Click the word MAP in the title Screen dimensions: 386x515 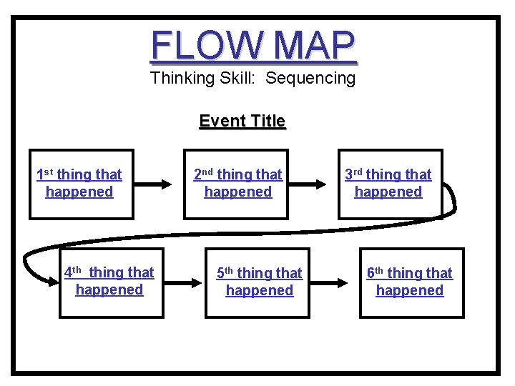click(314, 46)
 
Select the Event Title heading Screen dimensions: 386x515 click(242, 122)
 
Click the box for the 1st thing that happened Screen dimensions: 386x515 click(81, 184)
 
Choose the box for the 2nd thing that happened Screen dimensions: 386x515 click(236, 184)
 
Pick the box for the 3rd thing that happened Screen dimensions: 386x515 click(390, 184)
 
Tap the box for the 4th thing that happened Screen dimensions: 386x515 click(111, 282)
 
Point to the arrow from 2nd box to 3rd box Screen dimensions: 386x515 click(311, 184)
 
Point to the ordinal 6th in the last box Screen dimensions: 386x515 click(376, 273)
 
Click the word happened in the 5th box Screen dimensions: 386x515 click(259, 291)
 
